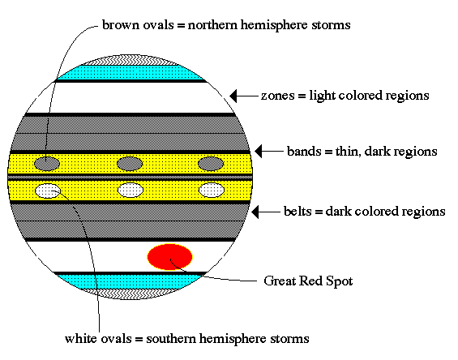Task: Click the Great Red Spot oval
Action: tap(169, 257)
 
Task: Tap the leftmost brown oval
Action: tap(47, 164)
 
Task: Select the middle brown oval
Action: tap(130, 164)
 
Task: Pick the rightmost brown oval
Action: tap(211, 164)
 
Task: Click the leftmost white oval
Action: tap(48, 191)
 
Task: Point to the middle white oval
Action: tap(131, 191)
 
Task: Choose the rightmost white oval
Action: tap(212, 191)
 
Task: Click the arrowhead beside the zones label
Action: tap(233, 96)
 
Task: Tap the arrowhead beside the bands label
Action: tap(259, 152)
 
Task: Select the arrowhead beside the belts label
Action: tap(255, 212)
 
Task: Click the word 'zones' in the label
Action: tap(277, 96)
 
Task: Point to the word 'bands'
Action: tap(304, 151)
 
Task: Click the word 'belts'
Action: tap(297, 211)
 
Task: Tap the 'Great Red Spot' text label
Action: tap(308, 281)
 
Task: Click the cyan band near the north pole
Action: tap(131, 72)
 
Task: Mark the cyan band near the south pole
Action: tap(130, 282)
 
